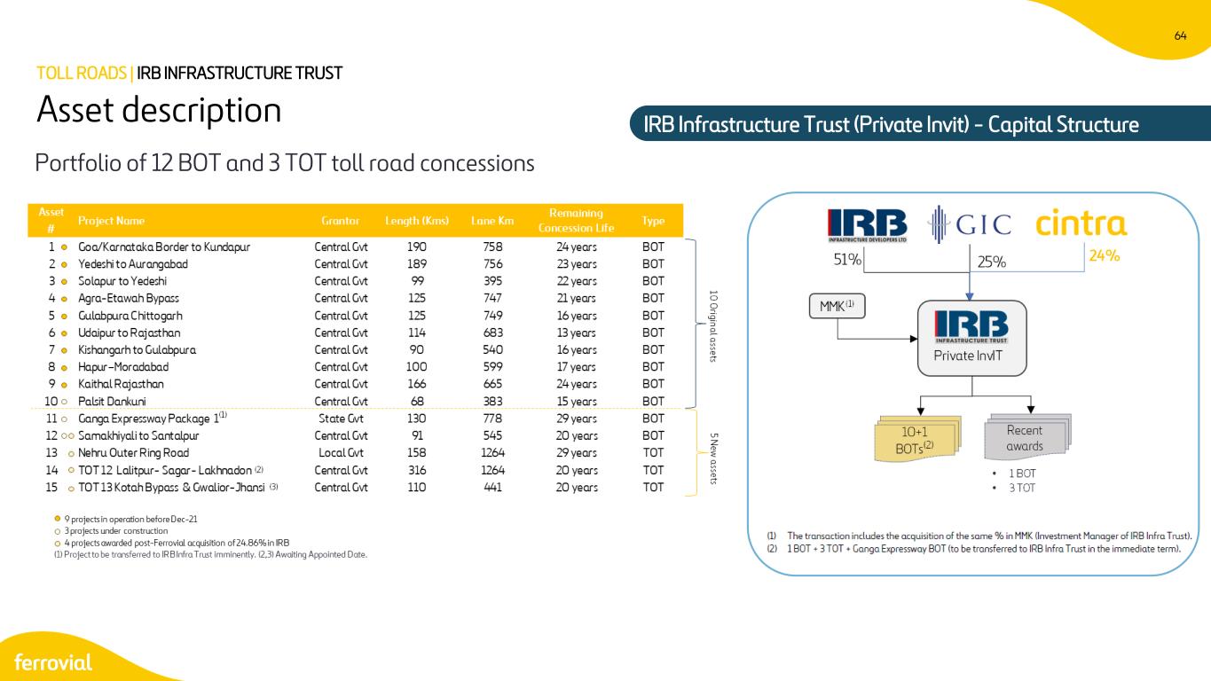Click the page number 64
pyautogui.click(x=1180, y=35)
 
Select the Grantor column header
pyautogui.click(x=340, y=221)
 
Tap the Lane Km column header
pyautogui.click(x=492, y=221)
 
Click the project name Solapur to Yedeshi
pyautogui.click(x=122, y=281)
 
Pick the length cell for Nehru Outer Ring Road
pyautogui.click(x=416, y=452)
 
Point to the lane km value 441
pyautogui.click(x=492, y=487)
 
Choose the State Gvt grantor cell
pyautogui.click(x=341, y=419)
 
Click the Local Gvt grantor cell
pyautogui.click(x=341, y=452)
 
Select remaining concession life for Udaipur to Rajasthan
pyautogui.click(x=577, y=333)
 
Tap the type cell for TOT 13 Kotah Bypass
pyautogui.click(x=653, y=487)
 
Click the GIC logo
pyautogui.click(x=970, y=223)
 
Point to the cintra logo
pyautogui.click(x=1081, y=223)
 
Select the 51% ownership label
pyautogui.click(x=847, y=260)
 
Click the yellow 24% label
pyautogui.click(x=1104, y=255)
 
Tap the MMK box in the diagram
pyautogui.click(x=837, y=306)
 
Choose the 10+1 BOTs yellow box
pyautogui.click(x=917, y=439)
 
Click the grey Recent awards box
pyautogui.click(x=1027, y=436)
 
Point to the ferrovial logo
pyautogui.click(x=53, y=662)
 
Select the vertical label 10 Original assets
pyautogui.click(x=713, y=326)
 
